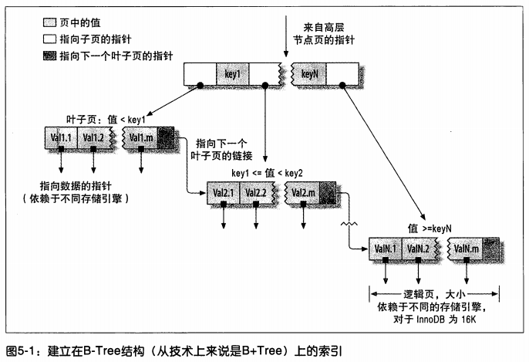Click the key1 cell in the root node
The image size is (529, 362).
click(232, 74)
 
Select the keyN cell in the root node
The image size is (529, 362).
click(309, 74)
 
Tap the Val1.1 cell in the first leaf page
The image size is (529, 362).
click(61, 137)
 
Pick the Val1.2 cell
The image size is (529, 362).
click(94, 137)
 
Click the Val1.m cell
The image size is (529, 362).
click(140, 137)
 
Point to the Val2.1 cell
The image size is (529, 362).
click(224, 193)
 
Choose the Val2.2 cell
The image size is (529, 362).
click(256, 193)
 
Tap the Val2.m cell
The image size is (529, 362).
click(302, 193)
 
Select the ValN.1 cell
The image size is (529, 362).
click(386, 249)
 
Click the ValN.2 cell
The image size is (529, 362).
click(418, 249)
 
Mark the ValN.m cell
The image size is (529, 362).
click(466, 249)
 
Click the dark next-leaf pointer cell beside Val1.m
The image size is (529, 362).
click(166, 137)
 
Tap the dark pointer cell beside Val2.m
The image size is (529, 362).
click(328, 193)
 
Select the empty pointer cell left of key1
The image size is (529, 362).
click(200, 74)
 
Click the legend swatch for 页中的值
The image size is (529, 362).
click(49, 22)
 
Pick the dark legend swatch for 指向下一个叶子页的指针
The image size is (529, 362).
click(49, 56)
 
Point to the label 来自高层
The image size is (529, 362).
click(324, 27)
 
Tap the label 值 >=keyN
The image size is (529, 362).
click(430, 228)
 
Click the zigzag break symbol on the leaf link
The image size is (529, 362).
click(349, 224)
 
